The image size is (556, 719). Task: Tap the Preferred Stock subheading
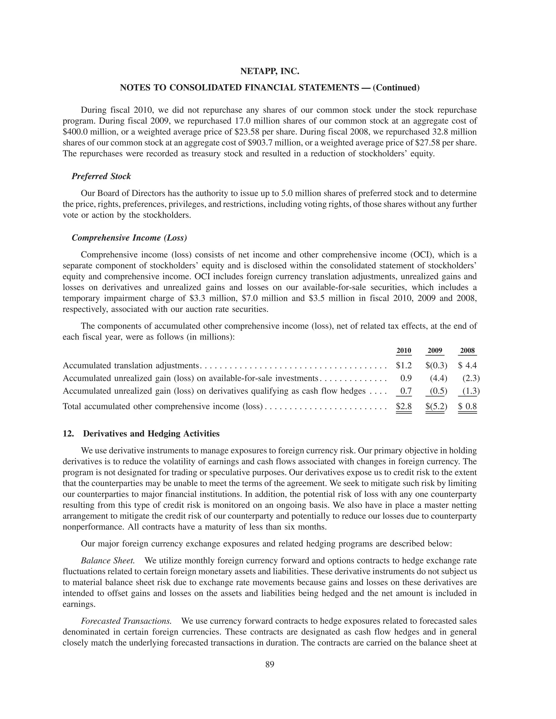point(101,176)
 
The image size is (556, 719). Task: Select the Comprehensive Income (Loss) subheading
point(129,238)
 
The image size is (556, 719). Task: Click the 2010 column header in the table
point(403,350)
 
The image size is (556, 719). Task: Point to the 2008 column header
point(467,350)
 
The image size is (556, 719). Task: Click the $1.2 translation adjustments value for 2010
point(403,365)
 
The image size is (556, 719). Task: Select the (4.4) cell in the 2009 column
point(438,378)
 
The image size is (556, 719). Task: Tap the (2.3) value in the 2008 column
point(471,378)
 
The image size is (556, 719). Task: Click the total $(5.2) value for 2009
point(436,406)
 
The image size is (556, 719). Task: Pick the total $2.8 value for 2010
point(403,406)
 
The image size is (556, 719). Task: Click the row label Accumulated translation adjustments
point(131,365)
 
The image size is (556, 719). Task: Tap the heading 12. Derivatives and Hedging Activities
point(141,434)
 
